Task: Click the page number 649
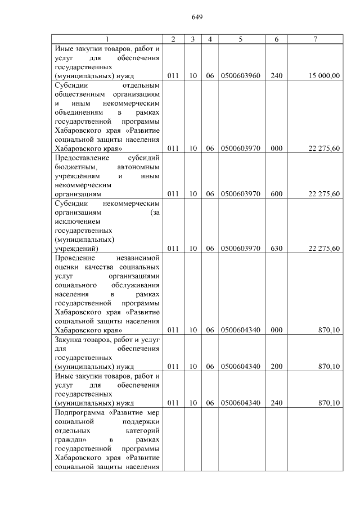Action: (197, 17)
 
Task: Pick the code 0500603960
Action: (240, 75)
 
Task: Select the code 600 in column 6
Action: (276, 194)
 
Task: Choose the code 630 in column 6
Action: (276, 248)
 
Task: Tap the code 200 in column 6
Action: (276, 367)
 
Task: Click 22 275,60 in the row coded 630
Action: (325, 248)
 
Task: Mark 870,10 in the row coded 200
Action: (329, 367)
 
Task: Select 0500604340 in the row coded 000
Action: (240, 330)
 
